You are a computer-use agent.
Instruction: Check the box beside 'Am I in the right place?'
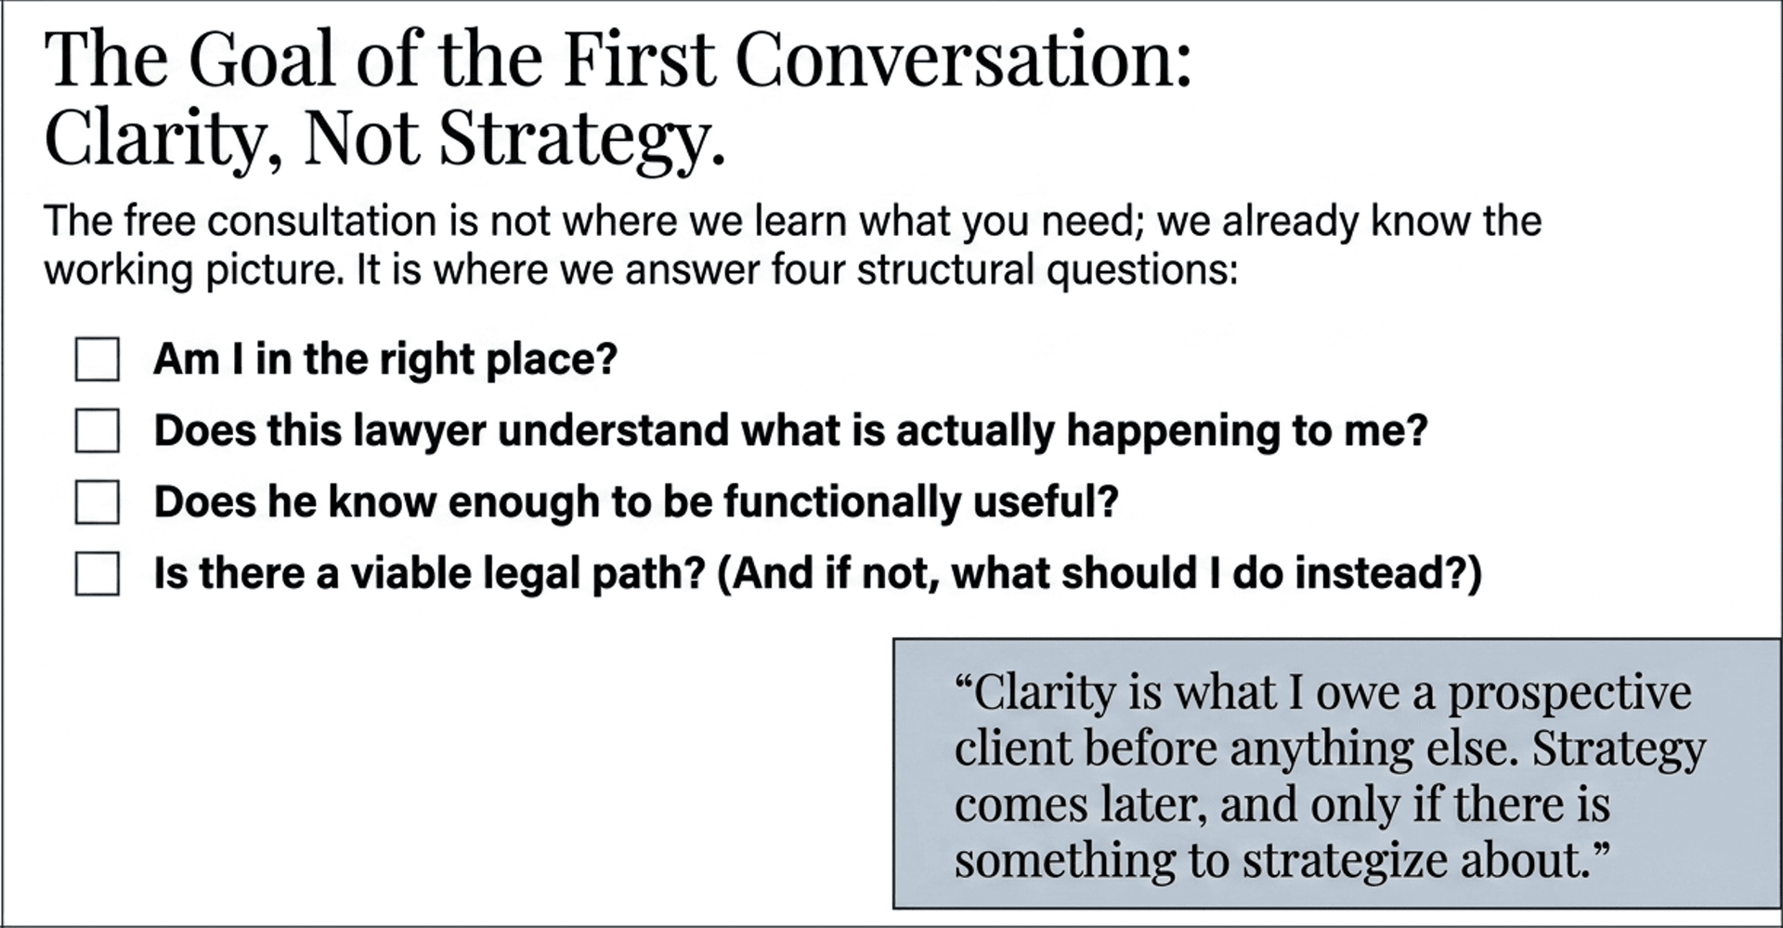click(97, 359)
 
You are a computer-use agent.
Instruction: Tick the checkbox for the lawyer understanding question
click(97, 431)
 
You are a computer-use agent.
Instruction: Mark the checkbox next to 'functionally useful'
click(97, 503)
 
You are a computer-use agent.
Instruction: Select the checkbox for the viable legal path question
click(97, 573)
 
